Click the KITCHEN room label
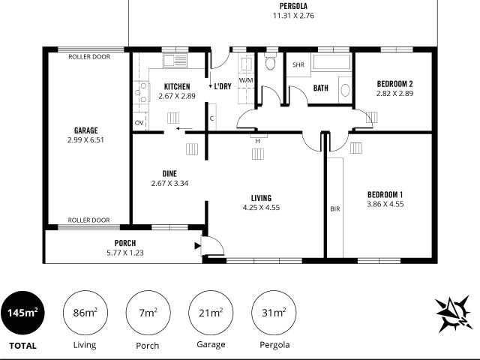(x=177, y=87)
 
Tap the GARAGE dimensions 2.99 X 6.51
(x=85, y=140)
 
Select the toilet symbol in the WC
(x=270, y=61)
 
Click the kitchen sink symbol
(x=175, y=60)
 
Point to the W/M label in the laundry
(x=246, y=80)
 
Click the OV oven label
(x=139, y=123)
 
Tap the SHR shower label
(x=298, y=65)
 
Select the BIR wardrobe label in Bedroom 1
(x=335, y=209)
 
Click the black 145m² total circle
(x=22, y=313)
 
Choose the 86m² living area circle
(x=85, y=313)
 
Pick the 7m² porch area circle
(x=148, y=313)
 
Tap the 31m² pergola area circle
(x=274, y=313)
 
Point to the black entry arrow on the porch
(x=198, y=245)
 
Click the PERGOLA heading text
(x=293, y=6)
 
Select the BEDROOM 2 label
(x=394, y=84)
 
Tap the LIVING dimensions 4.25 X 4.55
(x=261, y=208)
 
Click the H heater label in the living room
(x=258, y=141)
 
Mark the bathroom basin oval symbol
(x=345, y=90)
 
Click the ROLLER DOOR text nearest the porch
(x=88, y=220)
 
